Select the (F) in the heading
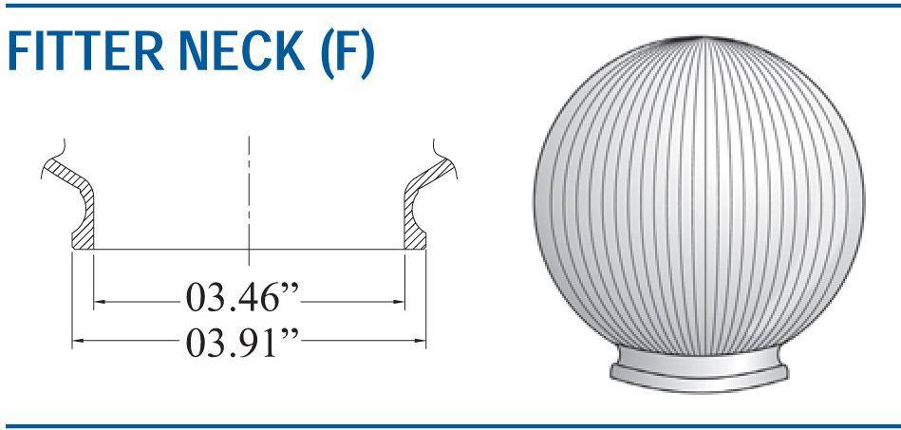tap(342, 56)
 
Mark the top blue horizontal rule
tap(450, 6)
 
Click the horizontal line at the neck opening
tap(249, 250)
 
